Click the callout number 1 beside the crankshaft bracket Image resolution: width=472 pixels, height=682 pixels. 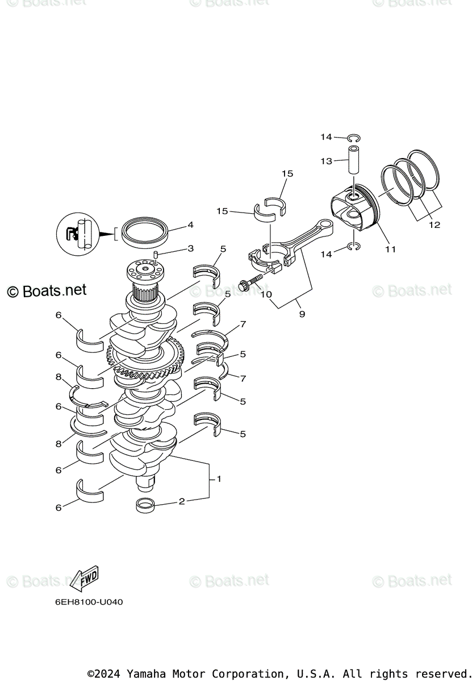[x=219, y=479]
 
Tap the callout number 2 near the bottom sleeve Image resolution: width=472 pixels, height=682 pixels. [x=182, y=501]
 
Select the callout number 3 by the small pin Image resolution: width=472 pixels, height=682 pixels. [x=190, y=248]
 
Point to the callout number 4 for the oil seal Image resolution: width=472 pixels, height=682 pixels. [x=190, y=225]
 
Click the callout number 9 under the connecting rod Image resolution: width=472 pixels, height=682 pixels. [x=302, y=314]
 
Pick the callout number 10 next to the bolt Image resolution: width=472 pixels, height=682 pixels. [x=266, y=294]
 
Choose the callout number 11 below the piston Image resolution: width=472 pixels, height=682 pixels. [x=390, y=249]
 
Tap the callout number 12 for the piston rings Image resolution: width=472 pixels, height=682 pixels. [x=434, y=225]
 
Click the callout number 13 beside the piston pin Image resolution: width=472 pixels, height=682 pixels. [x=326, y=161]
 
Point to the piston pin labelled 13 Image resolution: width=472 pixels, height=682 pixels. [x=355, y=159]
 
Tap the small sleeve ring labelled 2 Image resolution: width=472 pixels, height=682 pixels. [x=146, y=504]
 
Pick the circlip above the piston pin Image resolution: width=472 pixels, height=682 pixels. [x=353, y=138]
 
